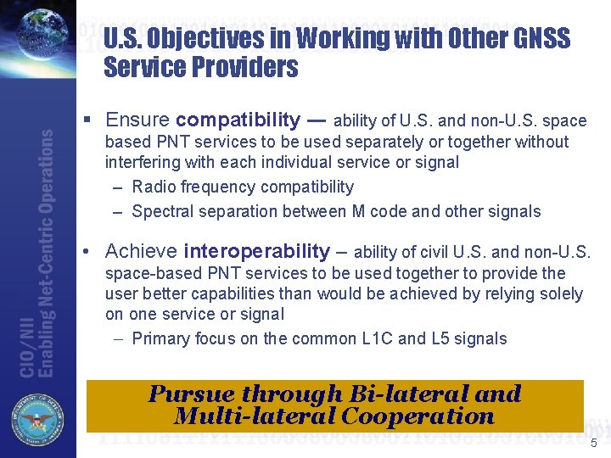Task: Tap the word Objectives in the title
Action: tap(206, 38)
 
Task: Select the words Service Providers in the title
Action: tap(201, 68)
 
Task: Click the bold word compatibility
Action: tap(238, 120)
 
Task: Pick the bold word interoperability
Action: tap(256, 251)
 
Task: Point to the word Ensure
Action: tap(137, 120)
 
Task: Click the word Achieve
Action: tap(141, 251)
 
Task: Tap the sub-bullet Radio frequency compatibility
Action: tap(243, 187)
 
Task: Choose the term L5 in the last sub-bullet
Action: tap(457, 338)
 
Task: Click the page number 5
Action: tap(594, 444)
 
